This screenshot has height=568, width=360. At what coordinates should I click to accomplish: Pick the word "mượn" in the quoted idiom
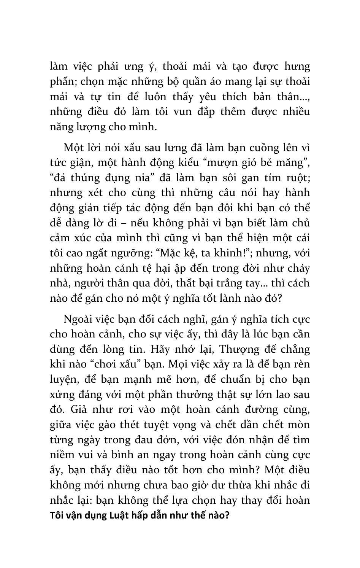[224, 163]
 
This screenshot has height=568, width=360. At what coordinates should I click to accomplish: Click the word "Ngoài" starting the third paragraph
[79, 319]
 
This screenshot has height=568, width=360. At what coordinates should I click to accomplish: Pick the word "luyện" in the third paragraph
[63, 380]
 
